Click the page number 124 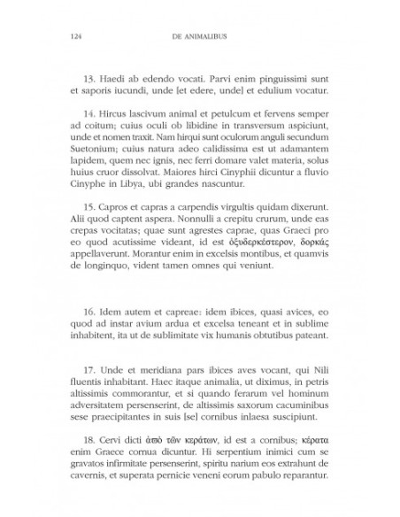pyautogui.click(x=61, y=36)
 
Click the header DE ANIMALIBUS pyautogui.click(x=199, y=36)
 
